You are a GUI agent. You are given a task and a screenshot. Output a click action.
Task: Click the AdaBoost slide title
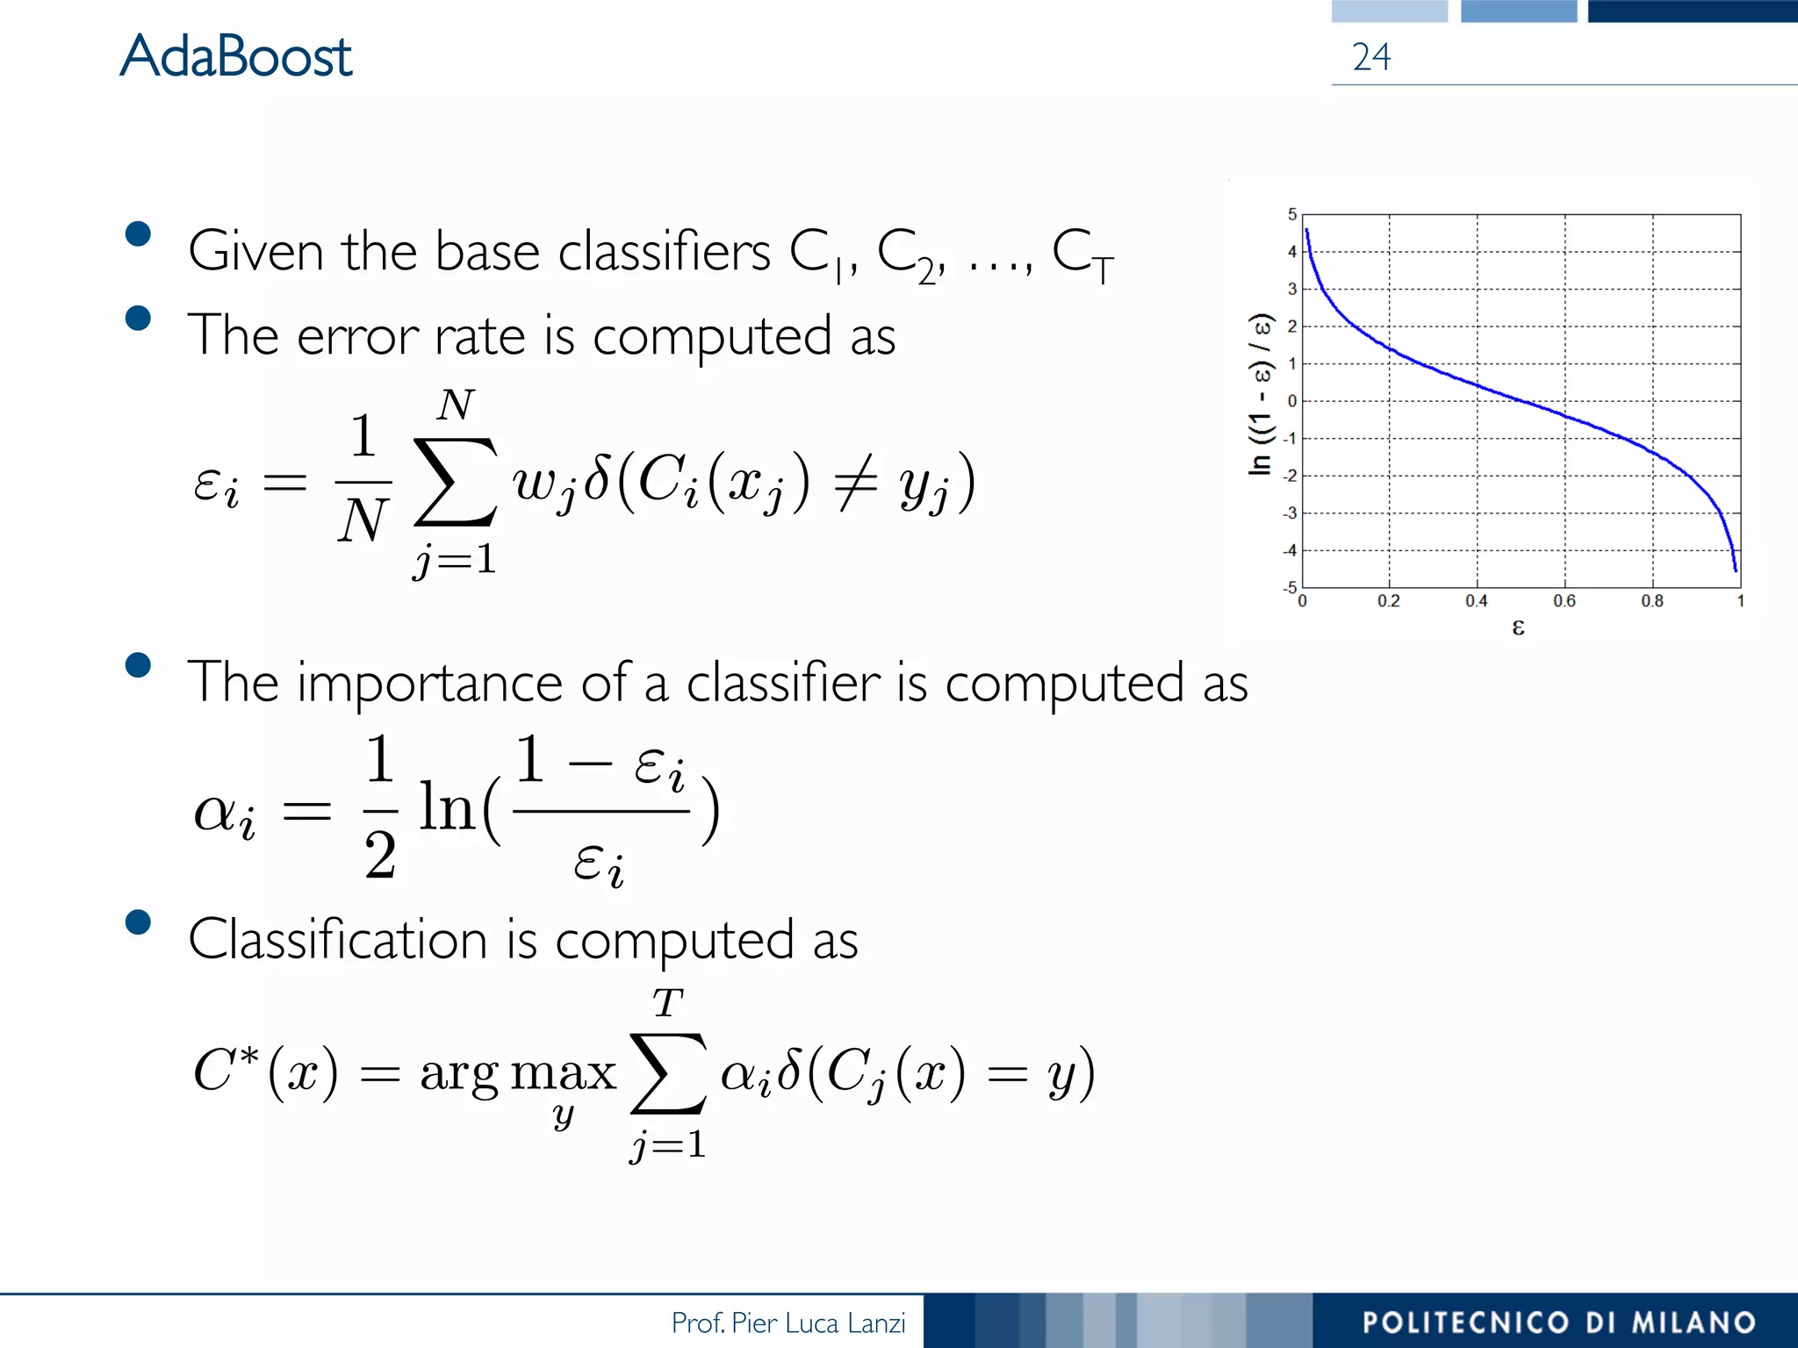tap(235, 56)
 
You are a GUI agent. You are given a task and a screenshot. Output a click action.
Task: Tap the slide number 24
tap(1371, 57)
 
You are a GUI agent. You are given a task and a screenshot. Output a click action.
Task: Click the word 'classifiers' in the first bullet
tap(664, 252)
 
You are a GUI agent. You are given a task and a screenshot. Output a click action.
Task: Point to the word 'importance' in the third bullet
tap(429, 683)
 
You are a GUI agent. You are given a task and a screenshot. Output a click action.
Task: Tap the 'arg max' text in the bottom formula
tap(518, 1072)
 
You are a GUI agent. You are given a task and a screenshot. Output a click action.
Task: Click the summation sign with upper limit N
tap(455, 482)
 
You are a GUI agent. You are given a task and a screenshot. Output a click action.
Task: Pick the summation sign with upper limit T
tap(668, 1072)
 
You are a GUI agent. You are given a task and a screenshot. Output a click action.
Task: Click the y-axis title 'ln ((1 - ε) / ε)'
tap(1261, 395)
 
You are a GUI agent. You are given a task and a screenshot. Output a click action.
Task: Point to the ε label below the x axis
tap(1518, 627)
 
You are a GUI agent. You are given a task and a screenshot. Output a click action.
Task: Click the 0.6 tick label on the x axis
tap(1564, 601)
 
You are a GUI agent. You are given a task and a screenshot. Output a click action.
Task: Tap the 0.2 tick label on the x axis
tap(1389, 601)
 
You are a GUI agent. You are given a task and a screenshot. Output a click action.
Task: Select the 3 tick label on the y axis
tap(1291, 289)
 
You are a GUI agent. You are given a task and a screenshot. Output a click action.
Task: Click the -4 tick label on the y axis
tap(1289, 551)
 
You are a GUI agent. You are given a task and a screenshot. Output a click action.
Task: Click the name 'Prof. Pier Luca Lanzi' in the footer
tap(788, 1323)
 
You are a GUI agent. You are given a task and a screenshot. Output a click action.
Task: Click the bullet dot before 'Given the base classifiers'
tap(138, 233)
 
